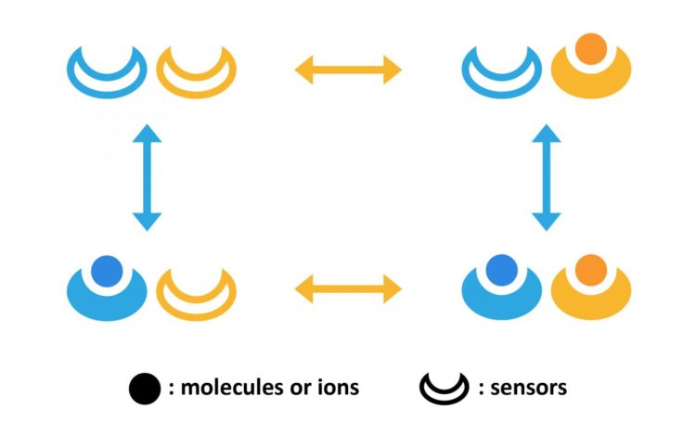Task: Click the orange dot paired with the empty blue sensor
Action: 591,47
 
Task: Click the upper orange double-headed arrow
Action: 347,68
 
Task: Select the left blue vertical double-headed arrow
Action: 147,177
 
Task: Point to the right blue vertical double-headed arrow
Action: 547,177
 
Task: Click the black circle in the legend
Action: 145,388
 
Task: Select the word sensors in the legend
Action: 528,388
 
